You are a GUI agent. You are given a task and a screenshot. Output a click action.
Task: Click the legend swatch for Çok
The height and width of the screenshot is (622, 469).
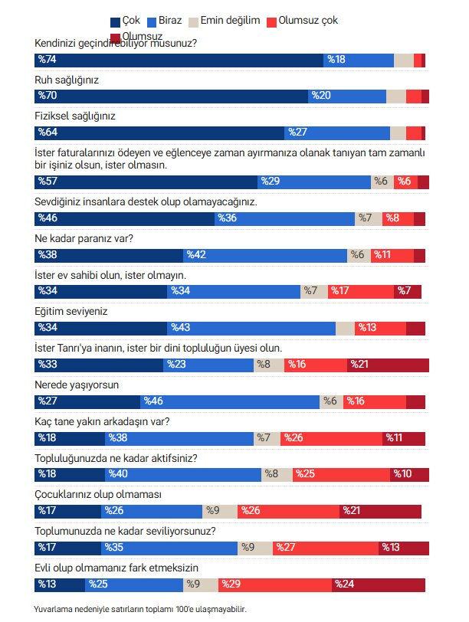pos(116,21)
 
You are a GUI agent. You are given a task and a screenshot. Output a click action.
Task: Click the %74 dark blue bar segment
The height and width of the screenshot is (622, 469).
pos(179,60)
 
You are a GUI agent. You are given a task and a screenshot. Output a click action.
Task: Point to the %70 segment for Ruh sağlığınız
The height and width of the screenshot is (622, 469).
pos(172,96)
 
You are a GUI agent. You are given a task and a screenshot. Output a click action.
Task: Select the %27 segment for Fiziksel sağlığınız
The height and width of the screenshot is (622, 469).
pos(337,133)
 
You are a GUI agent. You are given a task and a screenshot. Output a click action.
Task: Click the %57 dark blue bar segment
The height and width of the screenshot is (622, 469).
pos(146,182)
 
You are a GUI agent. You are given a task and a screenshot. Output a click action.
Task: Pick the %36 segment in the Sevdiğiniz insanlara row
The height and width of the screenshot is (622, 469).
pos(285,218)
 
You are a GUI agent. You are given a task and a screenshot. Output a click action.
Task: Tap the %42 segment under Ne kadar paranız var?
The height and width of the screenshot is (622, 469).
pos(265,255)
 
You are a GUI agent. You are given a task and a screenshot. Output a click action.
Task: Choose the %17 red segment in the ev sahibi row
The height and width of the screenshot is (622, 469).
pos(361,291)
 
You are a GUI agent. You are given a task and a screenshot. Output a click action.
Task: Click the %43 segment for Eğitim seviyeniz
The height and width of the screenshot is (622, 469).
pos(252,328)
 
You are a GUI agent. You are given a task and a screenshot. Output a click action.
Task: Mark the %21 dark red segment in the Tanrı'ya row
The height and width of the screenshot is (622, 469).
pos(388,365)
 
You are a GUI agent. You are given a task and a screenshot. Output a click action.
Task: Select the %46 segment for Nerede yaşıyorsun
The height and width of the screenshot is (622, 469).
pos(230,401)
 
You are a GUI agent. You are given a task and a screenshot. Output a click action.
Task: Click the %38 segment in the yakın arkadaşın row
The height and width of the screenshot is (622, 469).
pos(179,438)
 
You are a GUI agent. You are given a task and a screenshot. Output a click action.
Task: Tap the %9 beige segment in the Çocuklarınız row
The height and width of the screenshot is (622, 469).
pos(220,511)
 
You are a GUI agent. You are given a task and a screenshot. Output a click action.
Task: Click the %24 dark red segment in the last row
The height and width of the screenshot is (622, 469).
pos(379,584)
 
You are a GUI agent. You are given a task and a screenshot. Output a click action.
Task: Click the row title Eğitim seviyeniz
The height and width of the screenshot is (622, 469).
pos(71,312)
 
